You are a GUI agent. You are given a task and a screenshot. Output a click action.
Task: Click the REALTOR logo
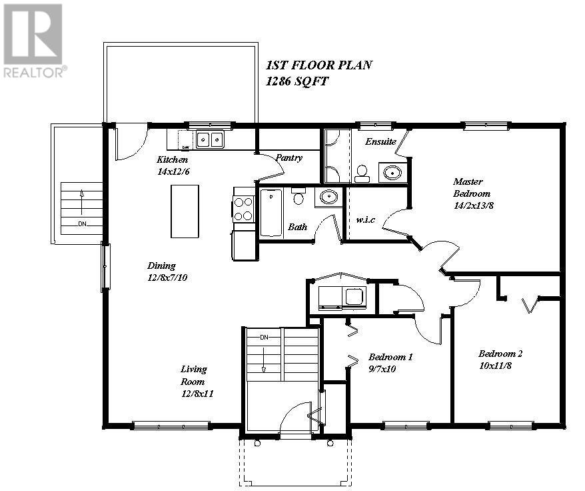[x=35, y=41]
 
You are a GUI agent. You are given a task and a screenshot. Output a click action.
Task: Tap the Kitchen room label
[x=172, y=159]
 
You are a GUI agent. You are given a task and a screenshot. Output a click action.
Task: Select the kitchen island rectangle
[x=185, y=211]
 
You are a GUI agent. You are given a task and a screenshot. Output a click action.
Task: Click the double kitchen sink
[x=211, y=139]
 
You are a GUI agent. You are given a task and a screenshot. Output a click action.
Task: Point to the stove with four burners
[x=243, y=207]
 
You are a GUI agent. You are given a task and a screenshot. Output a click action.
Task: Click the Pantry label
[x=289, y=158]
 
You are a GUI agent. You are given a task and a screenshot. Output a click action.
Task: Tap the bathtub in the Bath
[x=271, y=213]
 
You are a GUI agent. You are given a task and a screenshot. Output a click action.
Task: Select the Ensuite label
[x=380, y=141]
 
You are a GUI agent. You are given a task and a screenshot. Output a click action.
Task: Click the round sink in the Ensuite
[x=393, y=173]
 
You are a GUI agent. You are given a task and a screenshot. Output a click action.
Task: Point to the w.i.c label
[x=367, y=220]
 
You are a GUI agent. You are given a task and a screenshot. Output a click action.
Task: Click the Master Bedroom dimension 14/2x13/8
[x=472, y=205]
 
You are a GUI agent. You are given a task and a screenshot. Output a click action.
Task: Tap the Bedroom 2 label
[x=500, y=354]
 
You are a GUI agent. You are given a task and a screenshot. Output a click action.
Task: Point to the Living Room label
[x=194, y=375]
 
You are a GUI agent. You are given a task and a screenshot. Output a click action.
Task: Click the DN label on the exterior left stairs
[x=82, y=223]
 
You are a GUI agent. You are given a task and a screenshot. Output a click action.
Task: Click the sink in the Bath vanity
[x=328, y=197]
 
